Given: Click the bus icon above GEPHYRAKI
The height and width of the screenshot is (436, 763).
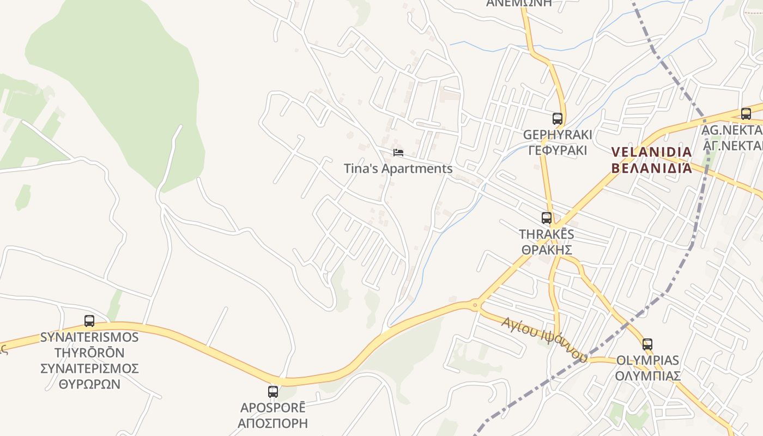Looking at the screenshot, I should pos(557,118).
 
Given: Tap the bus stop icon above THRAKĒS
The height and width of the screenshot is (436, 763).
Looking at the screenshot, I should pos(547,218).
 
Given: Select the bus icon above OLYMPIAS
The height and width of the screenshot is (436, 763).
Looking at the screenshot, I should pos(647,344).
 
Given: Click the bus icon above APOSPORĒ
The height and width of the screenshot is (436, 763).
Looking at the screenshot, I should pos(272,391).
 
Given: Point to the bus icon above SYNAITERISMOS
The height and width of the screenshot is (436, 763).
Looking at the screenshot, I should pos(89,321).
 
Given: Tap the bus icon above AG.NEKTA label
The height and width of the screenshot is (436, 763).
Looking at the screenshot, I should pos(746,114).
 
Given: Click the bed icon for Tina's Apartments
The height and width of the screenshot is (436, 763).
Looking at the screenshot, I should pos(398,153).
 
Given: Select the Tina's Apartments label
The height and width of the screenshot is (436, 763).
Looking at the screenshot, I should pos(398,168).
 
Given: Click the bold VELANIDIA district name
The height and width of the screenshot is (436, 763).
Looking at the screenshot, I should pos(651,152).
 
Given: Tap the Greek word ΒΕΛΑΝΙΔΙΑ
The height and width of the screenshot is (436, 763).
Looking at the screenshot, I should pos(651,167).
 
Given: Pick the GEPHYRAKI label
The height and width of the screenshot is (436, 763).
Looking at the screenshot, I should pos(557,135).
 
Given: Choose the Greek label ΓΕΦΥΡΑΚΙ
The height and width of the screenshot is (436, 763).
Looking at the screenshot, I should pos(558,150).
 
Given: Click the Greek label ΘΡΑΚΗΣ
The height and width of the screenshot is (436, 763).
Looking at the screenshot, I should pos(547,250).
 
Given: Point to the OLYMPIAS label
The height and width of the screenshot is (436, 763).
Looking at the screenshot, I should pos(647,360).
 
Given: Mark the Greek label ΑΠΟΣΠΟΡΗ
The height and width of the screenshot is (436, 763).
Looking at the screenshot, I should pos(272,423).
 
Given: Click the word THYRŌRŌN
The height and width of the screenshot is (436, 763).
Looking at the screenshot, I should pos(89,353).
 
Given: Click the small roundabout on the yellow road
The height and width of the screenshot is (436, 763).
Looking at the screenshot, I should pos(475,305).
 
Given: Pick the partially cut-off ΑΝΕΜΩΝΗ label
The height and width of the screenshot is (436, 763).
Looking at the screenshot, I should pos(519,3).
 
